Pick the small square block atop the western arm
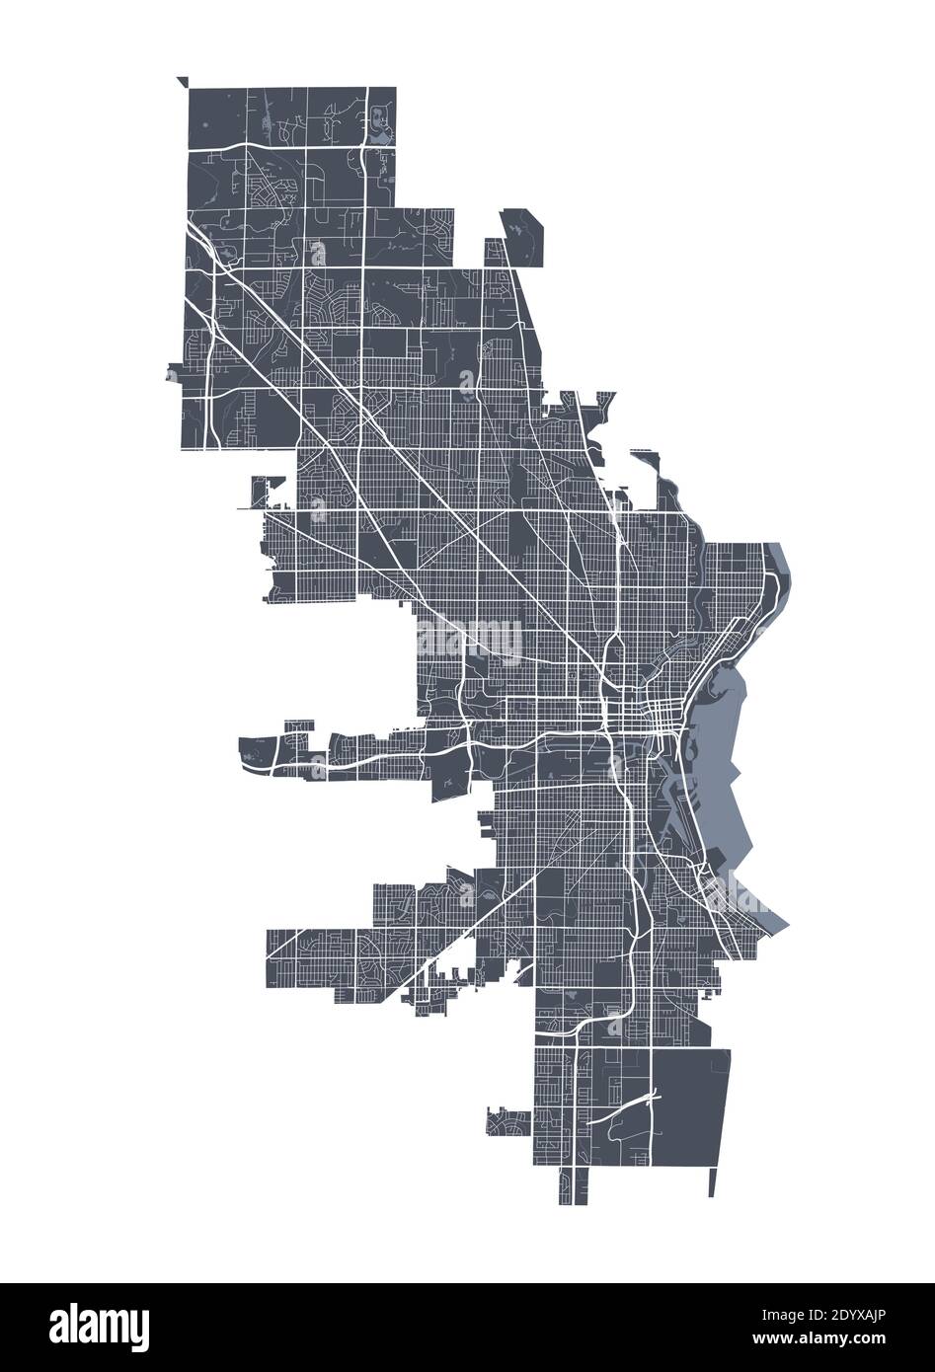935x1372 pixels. (295, 727)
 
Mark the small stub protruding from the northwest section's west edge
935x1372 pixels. (175, 374)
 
